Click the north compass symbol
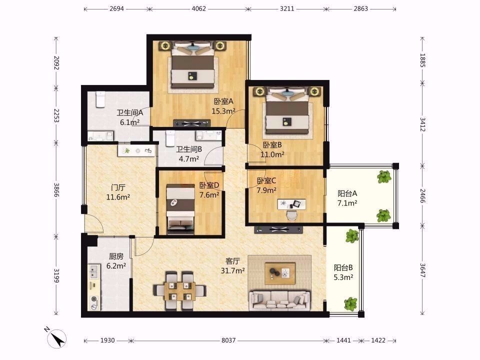[x=56, y=338]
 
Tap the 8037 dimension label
[x=228, y=340]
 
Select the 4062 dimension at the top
[x=198, y=9]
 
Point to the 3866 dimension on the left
[x=56, y=190]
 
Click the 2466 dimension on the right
[x=422, y=196]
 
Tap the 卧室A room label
[x=223, y=101]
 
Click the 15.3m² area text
[x=223, y=111]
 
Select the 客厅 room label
[x=232, y=261]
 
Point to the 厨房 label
[x=116, y=256]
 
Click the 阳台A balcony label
[x=347, y=193]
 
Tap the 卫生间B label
[x=189, y=149]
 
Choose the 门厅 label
[x=118, y=187]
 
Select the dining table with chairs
[x=179, y=290]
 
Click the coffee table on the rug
[x=280, y=273]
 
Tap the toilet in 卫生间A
[x=100, y=99]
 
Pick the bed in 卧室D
[x=180, y=209]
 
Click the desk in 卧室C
[x=291, y=204]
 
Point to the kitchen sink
[x=93, y=272]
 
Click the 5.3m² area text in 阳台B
[x=343, y=277]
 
